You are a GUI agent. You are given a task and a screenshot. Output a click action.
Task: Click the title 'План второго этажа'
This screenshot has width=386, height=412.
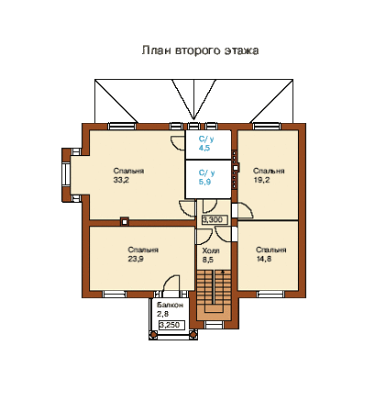pyautogui.click(x=200, y=50)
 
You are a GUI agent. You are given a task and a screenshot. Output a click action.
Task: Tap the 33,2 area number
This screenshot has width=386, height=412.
pyautogui.click(x=121, y=180)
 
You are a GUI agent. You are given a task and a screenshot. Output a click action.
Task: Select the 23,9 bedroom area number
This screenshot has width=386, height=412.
pyautogui.click(x=136, y=259)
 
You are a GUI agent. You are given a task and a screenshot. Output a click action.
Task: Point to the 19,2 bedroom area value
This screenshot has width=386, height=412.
pyautogui.click(x=261, y=180)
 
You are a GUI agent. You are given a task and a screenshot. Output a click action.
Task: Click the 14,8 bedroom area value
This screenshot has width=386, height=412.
pyautogui.click(x=264, y=259)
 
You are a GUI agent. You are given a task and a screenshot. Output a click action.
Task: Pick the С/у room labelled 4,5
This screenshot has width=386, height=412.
pyautogui.click(x=208, y=145)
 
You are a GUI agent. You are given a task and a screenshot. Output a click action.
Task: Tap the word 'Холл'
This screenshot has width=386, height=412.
pyautogui.click(x=211, y=251)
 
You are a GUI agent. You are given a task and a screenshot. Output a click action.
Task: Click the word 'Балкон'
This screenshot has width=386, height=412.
pyautogui.click(x=170, y=305)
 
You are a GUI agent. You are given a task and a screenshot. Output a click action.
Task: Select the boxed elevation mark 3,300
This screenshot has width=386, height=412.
pyautogui.click(x=215, y=219)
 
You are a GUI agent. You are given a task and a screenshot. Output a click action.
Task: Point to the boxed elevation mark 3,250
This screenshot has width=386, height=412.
pyautogui.click(x=171, y=325)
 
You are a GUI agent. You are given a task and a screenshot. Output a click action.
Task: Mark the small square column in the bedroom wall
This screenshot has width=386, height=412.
pyautogui.click(x=125, y=221)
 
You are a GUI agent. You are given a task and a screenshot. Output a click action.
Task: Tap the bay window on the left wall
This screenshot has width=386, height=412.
pyautogui.click(x=66, y=174)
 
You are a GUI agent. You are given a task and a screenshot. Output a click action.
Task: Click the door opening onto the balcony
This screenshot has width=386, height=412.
pyautogui.click(x=171, y=284)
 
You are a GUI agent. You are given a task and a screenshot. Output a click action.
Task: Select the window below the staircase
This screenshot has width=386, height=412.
pyautogui.click(x=214, y=325)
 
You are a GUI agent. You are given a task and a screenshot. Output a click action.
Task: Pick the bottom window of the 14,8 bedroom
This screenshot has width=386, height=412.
pyautogui.click(x=270, y=295)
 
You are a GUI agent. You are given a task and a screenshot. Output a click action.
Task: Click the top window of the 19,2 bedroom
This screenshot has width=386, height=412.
pyautogui.click(x=267, y=127)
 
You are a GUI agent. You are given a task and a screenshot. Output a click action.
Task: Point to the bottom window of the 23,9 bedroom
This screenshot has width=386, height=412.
pyautogui.click(x=115, y=295)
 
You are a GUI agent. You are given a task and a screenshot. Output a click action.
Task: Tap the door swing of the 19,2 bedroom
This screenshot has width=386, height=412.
pyautogui.click(x=245, y=211)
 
